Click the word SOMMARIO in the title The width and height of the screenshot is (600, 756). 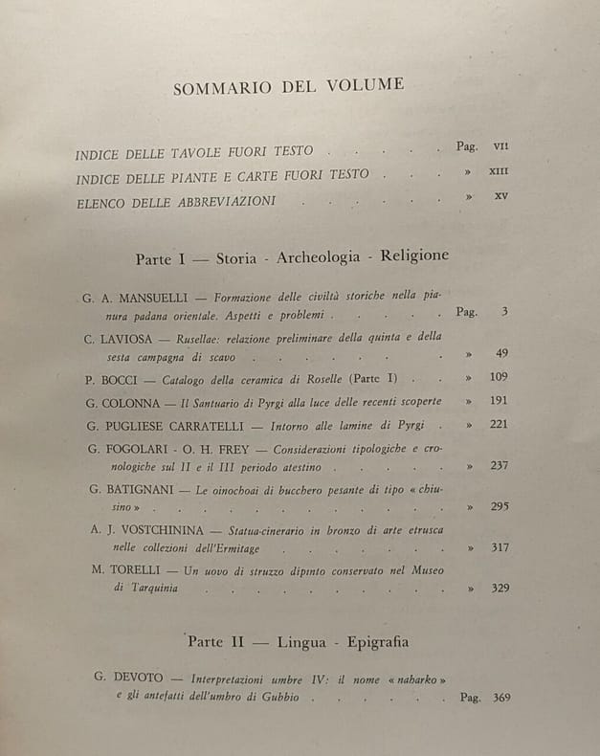(220, 88)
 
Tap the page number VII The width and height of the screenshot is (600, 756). (500, 146)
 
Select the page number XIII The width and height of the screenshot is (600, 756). (500, 172)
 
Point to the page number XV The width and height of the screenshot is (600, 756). (500, 197)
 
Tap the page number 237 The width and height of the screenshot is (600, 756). (498, 466)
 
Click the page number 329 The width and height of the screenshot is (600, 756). (497, 588)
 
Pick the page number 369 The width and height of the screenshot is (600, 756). (500, 697)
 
